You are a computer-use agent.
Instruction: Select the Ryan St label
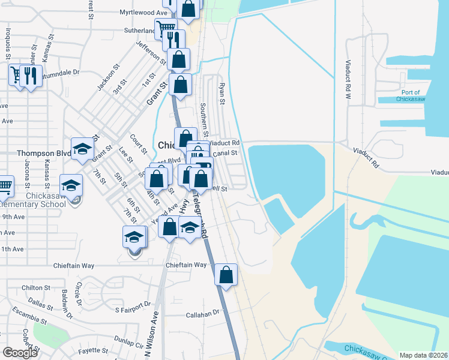pos(221,93)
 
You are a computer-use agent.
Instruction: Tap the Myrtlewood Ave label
pos(143,12)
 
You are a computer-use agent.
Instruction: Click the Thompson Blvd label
pos(44,153)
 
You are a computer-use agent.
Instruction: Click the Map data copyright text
pos(423,355)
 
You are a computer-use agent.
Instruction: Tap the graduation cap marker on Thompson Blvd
pos(82,149)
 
